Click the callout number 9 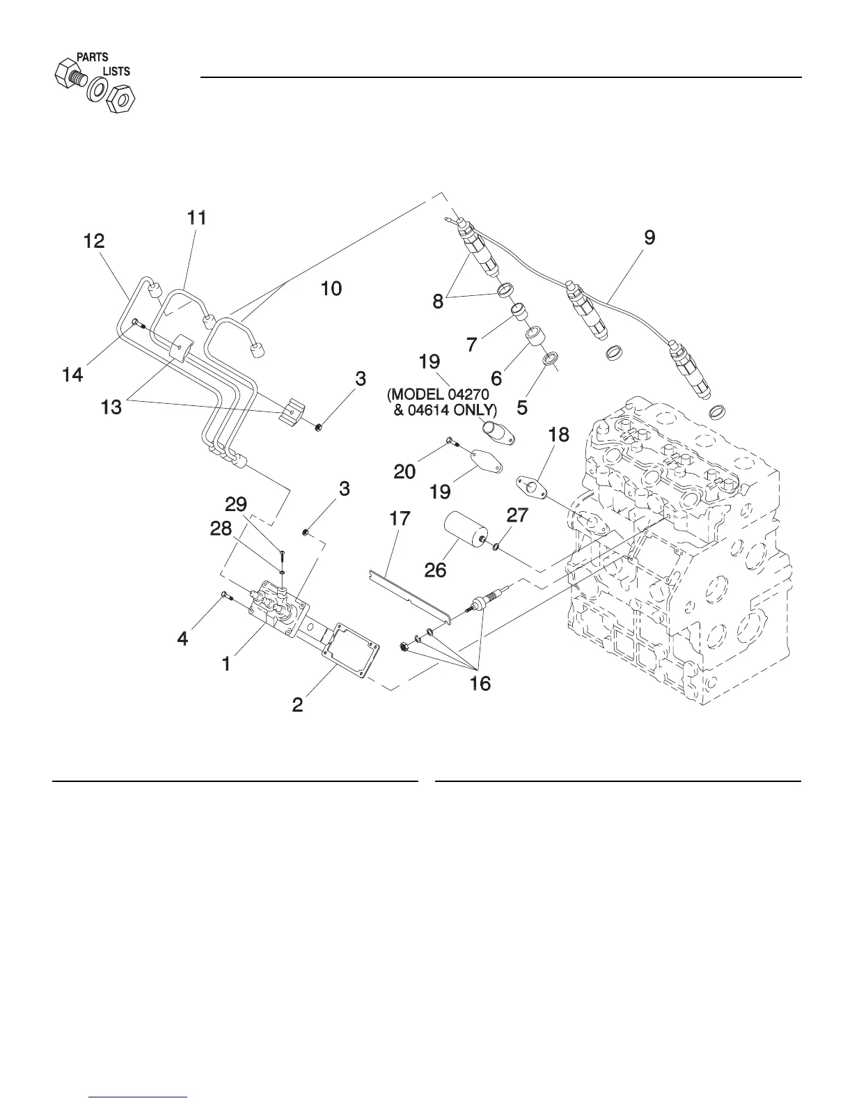649,237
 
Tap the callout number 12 94,241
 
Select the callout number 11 197,218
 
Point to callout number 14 72,375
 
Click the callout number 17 400,518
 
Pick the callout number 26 435,570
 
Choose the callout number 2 297,705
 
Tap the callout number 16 480,684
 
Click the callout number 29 236,504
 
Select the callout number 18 559,435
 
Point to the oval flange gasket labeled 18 532,487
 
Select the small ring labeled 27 496,546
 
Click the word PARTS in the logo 93,57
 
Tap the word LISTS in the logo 117,71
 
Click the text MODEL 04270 438,394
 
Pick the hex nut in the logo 120,99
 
